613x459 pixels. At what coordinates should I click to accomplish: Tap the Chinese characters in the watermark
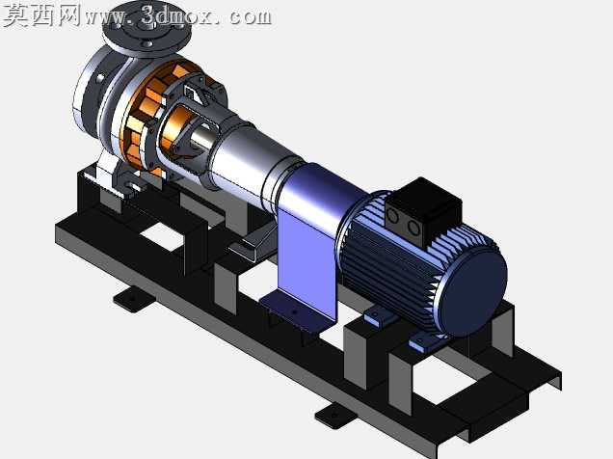[x=42, y=15]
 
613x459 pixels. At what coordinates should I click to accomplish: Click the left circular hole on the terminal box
[x=392, y=216]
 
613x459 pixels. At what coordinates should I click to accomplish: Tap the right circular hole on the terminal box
[x=413, y=227]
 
